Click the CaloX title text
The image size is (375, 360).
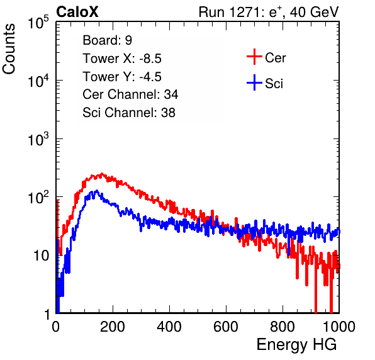pyautogui.click(x=77, y=12)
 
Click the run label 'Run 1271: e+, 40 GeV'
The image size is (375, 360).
pyautogui.click(x=269, y=12)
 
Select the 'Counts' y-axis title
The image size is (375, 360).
pyautogui.click(x=9, y=49)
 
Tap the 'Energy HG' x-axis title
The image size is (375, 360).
pyautogui.click(x=296, y=345)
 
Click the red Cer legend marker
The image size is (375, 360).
pyautogui.click(x=254, y=57)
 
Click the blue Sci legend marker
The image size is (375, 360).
pyautogui.click(x=254, y=83)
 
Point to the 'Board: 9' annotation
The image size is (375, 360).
pyautogui.click(x=107, y=40)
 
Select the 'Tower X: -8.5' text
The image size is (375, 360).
pyautogui.click(x=122, y=59)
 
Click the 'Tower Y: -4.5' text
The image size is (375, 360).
pyautogui.click(x=122, y=77)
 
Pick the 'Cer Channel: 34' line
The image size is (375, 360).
pyautogui.click(x=130, y=94)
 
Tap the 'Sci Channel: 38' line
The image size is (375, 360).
pyautogui.click(x=129, y=113)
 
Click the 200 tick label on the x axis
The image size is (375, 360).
pyautogui.click(x=113, y=327)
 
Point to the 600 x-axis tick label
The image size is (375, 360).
pyautogui.click(x=226, y=327)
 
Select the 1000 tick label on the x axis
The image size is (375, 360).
pyautogui.click(x=339, y=327)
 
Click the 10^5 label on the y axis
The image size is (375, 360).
pyautogui.click(x=38, y=23)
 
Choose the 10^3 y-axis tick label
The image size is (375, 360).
pyautogui.click(x=38, y=139)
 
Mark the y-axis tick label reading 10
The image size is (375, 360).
pyautogui.click(x=41, y=256)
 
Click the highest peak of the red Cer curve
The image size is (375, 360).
pyautogui.click(x=102, y=174)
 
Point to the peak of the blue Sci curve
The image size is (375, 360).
pyautogui.click(x=97, y=191)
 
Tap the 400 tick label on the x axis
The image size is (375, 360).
pyautogui.click(x=169, y=327)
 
